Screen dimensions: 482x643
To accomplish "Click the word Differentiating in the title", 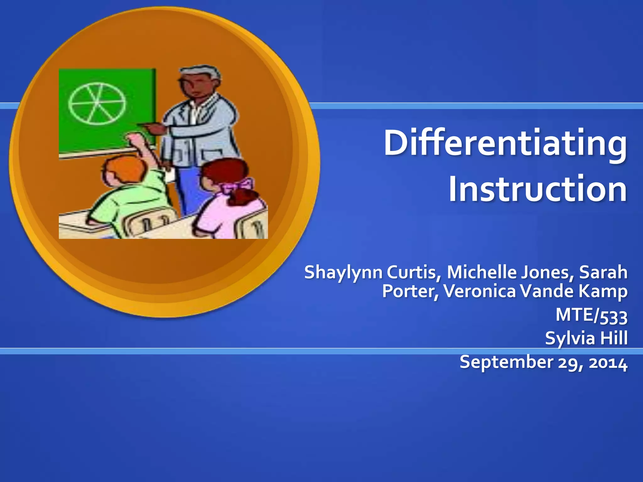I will [505, 143].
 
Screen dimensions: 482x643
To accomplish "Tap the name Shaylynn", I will [343, 272].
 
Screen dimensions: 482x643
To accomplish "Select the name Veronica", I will [480, 291].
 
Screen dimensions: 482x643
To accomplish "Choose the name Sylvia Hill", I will [586, 338].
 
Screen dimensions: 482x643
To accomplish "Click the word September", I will [506, 362].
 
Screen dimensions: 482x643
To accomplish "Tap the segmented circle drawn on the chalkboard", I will [97, 104].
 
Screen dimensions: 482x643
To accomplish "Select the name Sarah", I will [603, 272].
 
